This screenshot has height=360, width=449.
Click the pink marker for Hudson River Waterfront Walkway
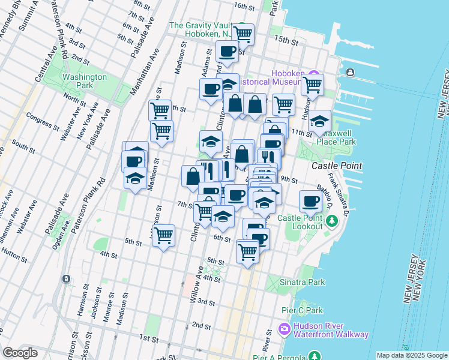(x=285, y=329)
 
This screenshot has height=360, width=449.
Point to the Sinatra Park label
(x=304, y=281)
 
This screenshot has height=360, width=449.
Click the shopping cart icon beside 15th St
(x=243, y=34)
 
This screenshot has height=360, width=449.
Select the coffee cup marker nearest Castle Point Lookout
(x=310, y=200)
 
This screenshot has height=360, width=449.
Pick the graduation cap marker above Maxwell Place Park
(x=321, y=120)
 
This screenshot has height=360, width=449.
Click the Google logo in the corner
(x=20, y=353)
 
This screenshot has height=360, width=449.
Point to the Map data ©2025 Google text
(x=412, y=355)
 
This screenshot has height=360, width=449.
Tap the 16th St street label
(x=245, y=6)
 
